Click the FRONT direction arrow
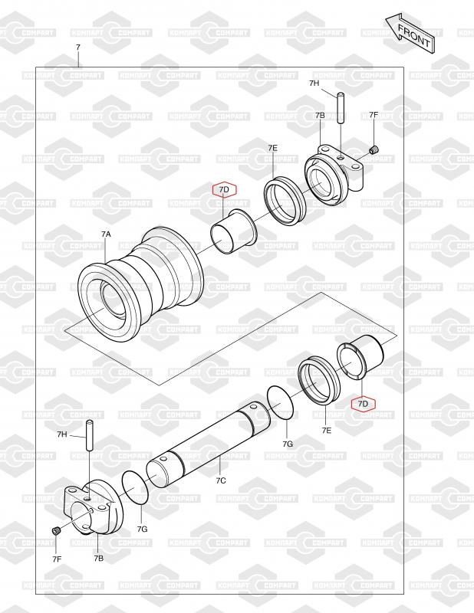(x=410, y=34)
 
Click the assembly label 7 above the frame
(x=78, y=48)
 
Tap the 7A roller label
(x=106, y=234)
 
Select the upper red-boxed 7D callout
(x=224, y=189)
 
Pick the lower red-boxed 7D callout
(x=364, y=404)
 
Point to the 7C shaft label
(x=221, y=481)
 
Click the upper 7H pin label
(x=314, y=84)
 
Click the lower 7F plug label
(x=57, y=559)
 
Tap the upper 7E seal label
(x=273, y=148)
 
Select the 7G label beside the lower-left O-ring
(x=142, y=529)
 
